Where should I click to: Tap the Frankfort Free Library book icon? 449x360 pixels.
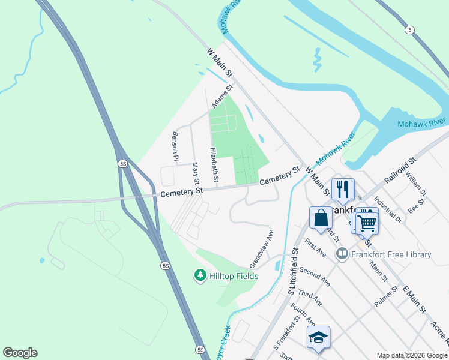[342, 254]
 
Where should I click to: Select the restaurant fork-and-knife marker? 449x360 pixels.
[343, 188]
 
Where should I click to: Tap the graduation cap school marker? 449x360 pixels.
[318, 337]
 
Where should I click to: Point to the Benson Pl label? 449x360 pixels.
[176, 146]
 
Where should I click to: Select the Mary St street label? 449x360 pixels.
[195, 172]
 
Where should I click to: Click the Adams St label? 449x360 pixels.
[221, 96]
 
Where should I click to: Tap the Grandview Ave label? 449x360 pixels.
[262, 248]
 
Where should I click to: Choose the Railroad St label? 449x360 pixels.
[400, 172]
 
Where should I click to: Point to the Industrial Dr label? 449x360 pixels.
[388, 210]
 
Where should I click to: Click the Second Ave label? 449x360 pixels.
[315, 275]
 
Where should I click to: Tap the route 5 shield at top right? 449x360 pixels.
[409, 29]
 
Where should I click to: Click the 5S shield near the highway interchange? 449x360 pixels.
[123, 163]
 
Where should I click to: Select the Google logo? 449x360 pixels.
[20, 353]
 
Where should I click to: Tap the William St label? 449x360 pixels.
[415, 184]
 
